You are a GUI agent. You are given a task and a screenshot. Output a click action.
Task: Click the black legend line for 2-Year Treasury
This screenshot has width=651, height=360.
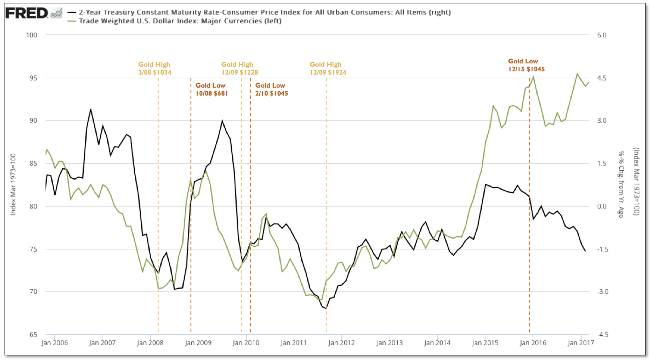[x=73, y=13]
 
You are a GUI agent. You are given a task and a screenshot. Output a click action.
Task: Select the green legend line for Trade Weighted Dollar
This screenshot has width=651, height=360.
[x=73, y=21]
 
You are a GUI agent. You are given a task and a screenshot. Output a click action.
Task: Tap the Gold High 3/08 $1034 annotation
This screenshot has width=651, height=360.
[x=154, y=69]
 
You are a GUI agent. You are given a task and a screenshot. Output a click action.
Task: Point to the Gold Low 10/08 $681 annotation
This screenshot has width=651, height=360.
[x=210, y=90]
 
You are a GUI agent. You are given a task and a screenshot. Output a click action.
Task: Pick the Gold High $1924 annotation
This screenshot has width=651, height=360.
[x=325, y=69]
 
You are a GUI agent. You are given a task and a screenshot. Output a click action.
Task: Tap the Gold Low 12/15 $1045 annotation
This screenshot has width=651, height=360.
[x=526, y=65]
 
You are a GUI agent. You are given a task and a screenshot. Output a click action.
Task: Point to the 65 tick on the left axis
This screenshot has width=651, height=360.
[x=34, y=335]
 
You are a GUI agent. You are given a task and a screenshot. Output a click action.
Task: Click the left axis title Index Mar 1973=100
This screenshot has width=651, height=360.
[x=14, y=185]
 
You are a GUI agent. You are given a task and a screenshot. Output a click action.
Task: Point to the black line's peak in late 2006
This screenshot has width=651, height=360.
[x=90, y=110]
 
